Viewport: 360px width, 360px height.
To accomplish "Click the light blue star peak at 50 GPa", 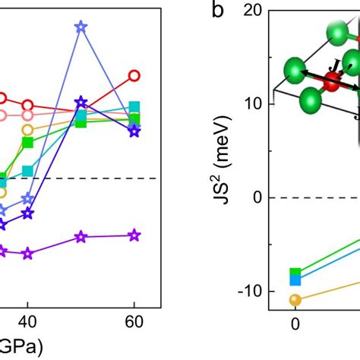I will click(81, 27).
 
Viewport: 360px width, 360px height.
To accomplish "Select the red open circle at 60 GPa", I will click(134, 75).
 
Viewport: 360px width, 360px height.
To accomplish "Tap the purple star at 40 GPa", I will click(28, 254).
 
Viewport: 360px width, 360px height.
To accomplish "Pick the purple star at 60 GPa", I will click(134, 235).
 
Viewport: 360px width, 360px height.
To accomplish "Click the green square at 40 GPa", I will click(28, 142).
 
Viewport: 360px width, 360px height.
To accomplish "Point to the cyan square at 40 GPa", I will click(28, 171).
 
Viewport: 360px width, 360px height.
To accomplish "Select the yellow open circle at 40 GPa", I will click(28, 129).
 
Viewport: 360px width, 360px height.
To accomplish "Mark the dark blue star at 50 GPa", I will click(81, 102).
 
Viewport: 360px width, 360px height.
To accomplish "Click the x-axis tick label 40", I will click(28, 320).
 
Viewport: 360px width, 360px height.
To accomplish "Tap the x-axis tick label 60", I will click(134, 320).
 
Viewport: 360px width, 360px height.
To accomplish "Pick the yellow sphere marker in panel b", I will click(295, 299).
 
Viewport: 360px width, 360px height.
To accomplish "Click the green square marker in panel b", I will click(295, 273).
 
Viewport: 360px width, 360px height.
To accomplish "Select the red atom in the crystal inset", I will click(331, 84).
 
